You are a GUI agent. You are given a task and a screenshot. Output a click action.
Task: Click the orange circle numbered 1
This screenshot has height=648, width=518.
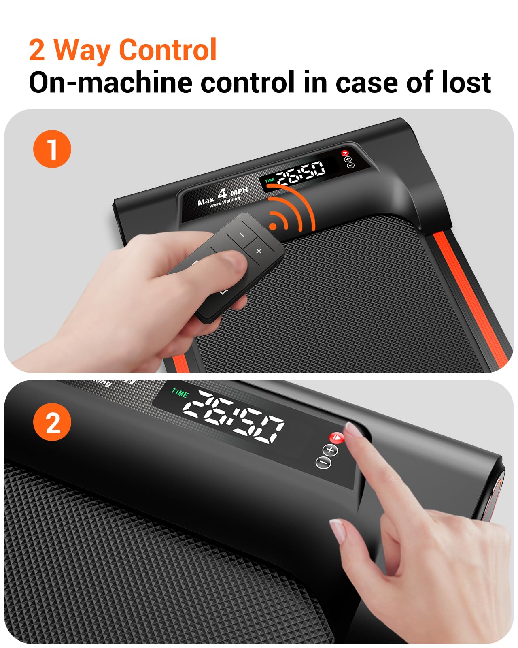tap(52, 149)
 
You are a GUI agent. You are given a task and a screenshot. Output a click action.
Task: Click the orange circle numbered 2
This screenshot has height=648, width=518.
tap(52, 422)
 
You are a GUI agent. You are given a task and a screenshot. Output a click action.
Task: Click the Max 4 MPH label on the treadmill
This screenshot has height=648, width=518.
tap(223, 196)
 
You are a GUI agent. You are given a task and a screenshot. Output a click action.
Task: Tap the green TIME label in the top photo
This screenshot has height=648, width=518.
tap(270, 181)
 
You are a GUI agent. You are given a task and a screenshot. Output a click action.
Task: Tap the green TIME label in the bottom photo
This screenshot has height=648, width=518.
tap(180, 392)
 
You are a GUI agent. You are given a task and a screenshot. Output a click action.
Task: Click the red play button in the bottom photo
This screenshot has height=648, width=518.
tap(337, 437)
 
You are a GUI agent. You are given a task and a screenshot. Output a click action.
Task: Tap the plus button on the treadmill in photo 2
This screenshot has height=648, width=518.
tap(330, 450)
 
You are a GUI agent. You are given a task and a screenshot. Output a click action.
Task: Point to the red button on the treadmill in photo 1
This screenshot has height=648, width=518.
tap(344, 153)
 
